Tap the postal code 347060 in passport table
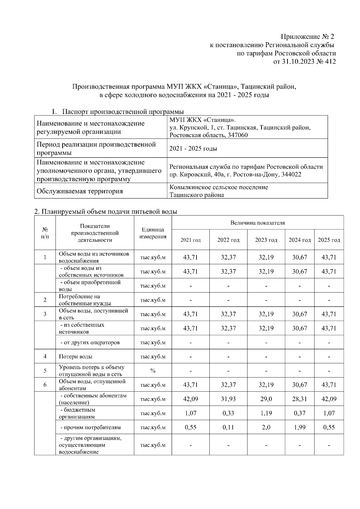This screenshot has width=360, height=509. click(238, 135)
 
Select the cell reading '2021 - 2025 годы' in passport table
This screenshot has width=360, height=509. click(193, 149)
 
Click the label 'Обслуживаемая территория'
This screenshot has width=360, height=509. click(79, 191)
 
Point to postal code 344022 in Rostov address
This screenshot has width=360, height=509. click(291, 174)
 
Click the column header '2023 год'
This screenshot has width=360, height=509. click(266, 240)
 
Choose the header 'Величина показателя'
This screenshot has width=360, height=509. click(257, 223)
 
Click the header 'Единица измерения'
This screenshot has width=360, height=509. click(153, 233)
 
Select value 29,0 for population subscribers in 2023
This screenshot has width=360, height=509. click(266, 399)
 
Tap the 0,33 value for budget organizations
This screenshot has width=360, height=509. click(228, 413)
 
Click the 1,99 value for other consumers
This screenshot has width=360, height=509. click(299, 427)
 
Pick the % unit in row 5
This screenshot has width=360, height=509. click(153, 371)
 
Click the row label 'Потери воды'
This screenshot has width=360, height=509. click(76, 357)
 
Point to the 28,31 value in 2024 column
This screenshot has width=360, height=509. click(299, 399)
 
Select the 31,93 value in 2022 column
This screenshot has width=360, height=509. click(228, 399)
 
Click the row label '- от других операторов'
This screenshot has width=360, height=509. click(90, 343)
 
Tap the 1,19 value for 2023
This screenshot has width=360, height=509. click(266, 413)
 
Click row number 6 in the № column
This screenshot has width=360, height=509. click(45, 385)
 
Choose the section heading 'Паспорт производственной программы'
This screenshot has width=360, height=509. click(123, 112)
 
